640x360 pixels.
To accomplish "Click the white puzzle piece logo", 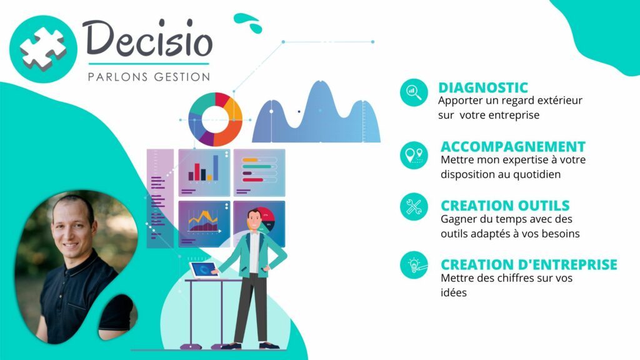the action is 43,49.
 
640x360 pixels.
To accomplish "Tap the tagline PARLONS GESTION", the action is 149,77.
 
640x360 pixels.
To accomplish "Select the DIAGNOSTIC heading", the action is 483,87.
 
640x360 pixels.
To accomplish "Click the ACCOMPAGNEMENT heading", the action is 513,146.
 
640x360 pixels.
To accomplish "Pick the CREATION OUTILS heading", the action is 505,205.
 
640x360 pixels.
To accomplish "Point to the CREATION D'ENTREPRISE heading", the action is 529,264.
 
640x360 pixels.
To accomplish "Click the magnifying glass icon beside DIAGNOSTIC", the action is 414,92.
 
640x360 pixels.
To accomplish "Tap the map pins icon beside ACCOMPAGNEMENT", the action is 414,156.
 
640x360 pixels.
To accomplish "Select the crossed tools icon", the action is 414,207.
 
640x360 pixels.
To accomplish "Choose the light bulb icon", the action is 414,265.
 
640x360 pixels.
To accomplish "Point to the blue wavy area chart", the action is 316,112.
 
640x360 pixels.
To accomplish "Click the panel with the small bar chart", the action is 204,172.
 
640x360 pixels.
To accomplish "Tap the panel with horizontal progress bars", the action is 259,172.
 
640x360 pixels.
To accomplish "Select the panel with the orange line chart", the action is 204,224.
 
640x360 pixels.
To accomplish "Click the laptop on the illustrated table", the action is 204,270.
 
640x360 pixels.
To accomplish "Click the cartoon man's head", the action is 254,219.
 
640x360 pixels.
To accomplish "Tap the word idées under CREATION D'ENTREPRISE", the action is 454,292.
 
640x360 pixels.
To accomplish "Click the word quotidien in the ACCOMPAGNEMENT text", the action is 537,175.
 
